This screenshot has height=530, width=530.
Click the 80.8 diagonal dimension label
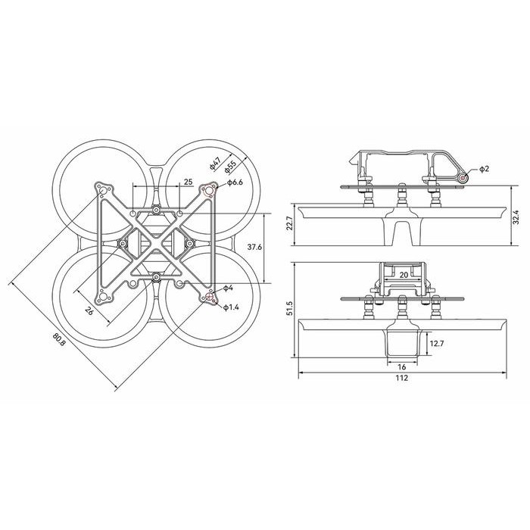coord(58,341)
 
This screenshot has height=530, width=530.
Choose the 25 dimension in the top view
coord(188,182)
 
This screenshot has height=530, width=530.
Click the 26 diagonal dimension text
coord(89,310)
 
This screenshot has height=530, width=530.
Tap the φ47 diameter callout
coord(214,164)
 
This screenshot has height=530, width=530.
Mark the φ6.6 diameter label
coord(233,182)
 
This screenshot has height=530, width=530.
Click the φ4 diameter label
coord(227,288)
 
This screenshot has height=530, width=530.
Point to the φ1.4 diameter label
coord(232,307)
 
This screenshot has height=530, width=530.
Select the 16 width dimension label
coord(401,365)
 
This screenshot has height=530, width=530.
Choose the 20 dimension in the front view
coord(404,276)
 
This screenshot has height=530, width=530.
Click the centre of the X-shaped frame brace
coord(155,244)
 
